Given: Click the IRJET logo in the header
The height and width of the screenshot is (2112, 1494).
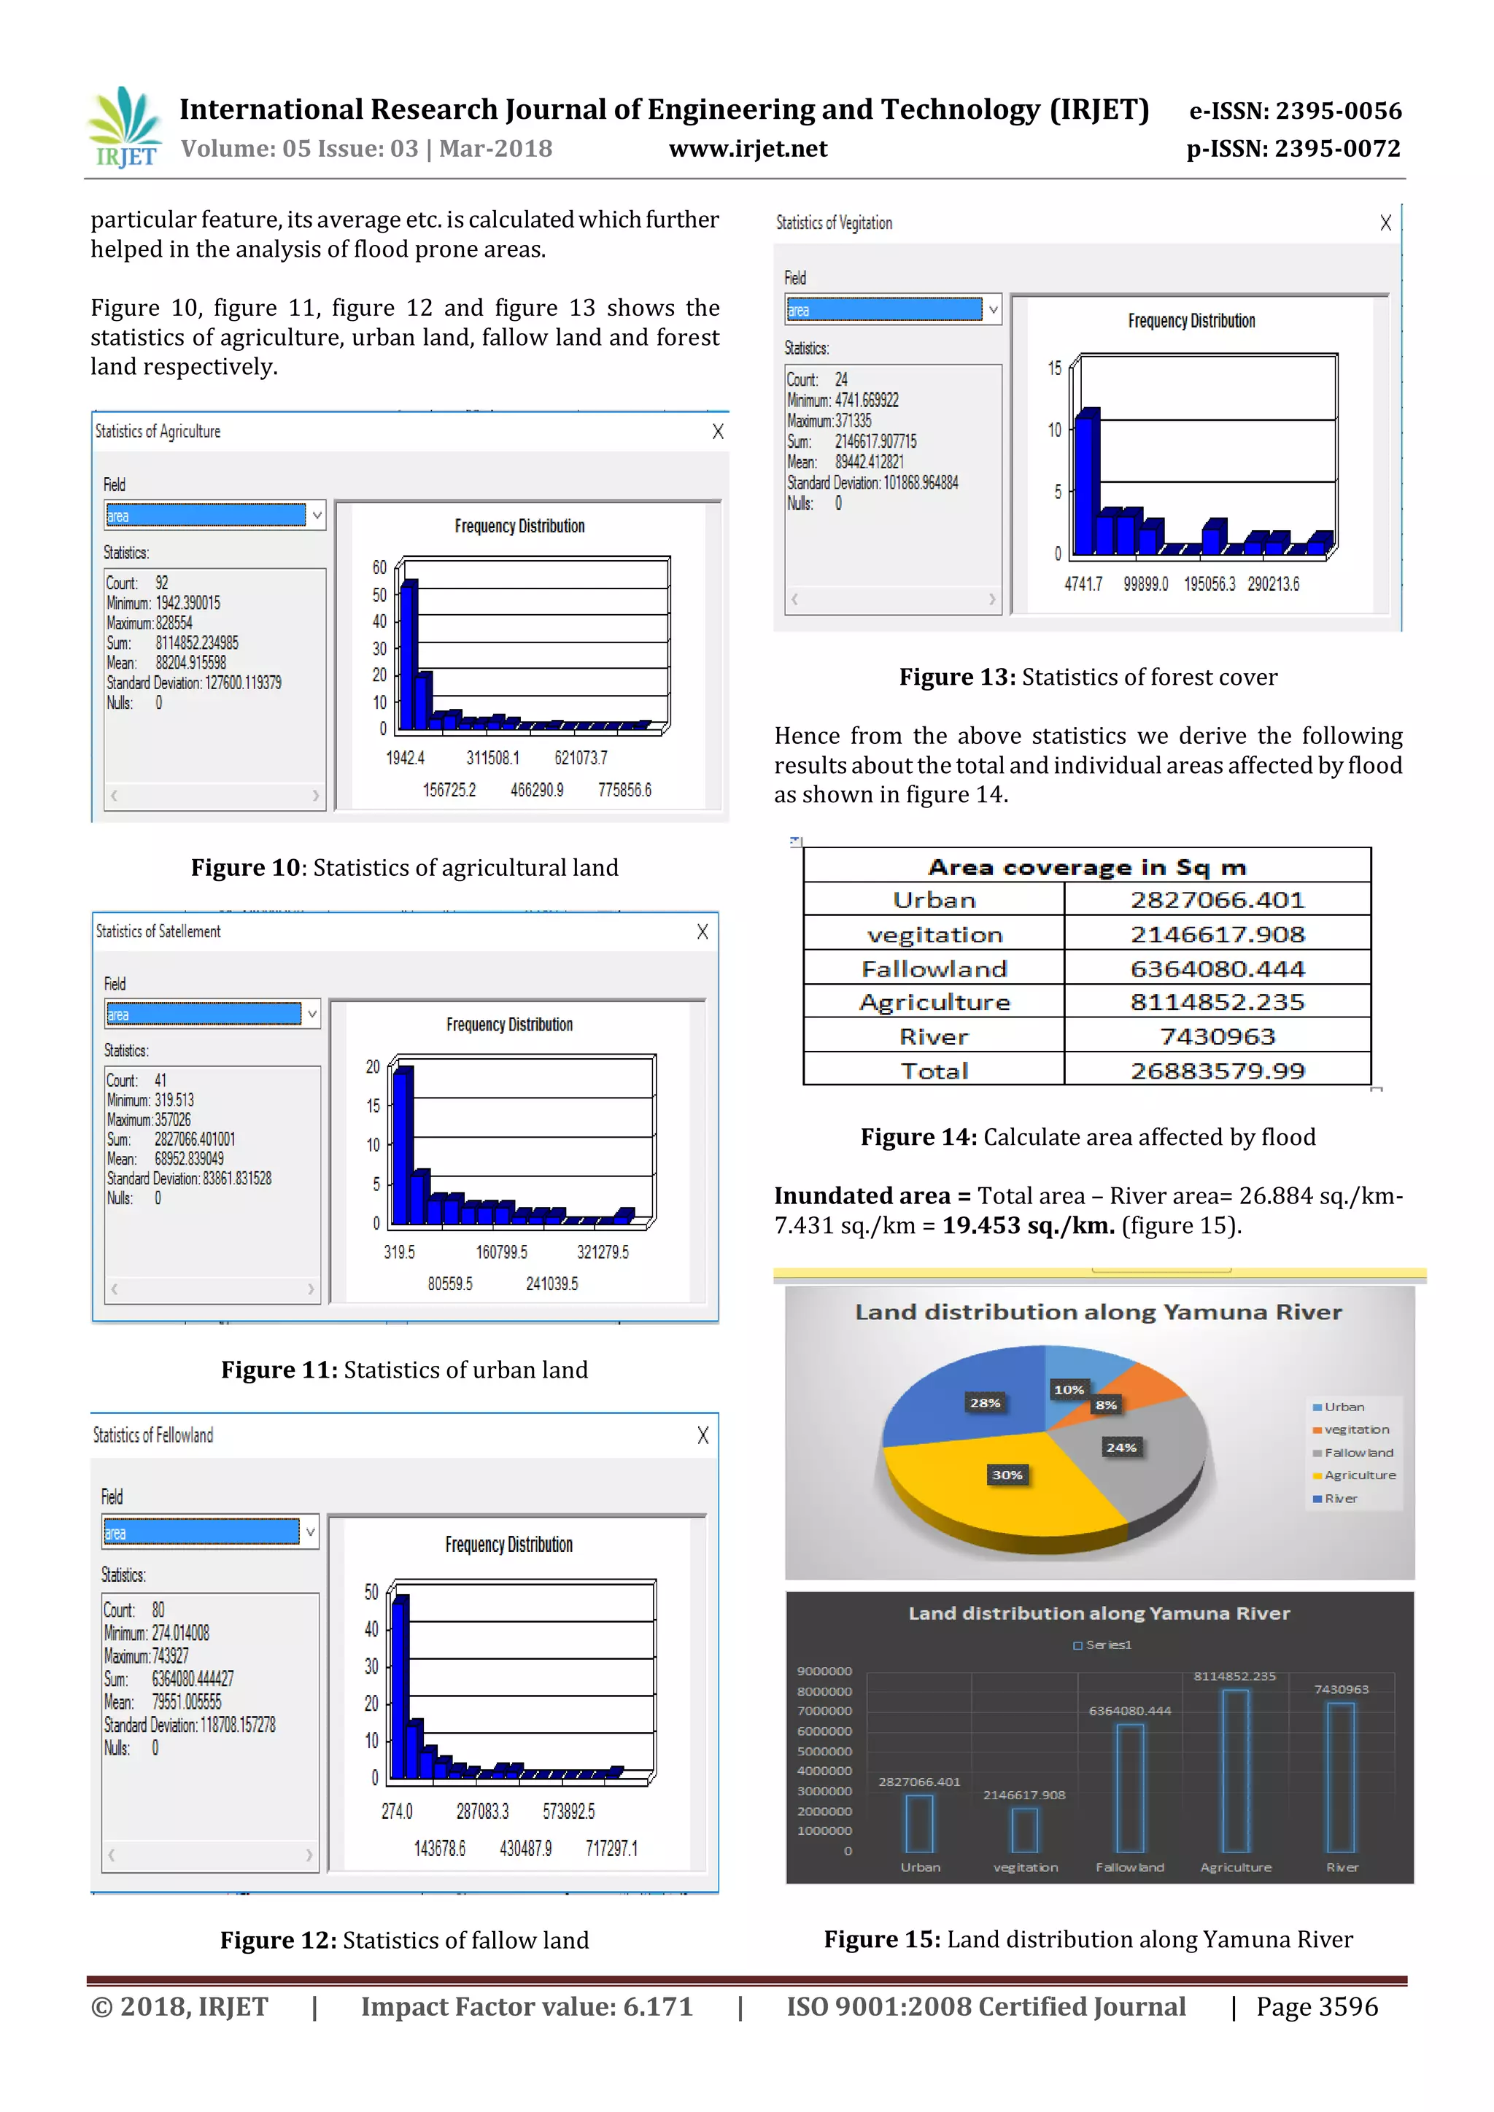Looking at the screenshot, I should point(124,128).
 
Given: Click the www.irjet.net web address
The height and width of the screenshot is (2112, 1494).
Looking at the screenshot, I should point(747,149).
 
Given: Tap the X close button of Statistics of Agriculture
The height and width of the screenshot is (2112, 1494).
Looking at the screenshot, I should point(718,432).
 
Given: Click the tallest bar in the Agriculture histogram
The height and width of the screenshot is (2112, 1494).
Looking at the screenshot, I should point(409,654).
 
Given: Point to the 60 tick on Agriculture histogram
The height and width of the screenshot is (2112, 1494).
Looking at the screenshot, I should point(379,567).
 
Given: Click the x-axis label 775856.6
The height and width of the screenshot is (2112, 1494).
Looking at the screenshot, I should point(624,790).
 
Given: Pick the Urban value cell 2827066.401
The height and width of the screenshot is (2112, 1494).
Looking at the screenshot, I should point(1216,900).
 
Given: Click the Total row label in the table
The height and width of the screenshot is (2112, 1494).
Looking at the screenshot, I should point(934,1071).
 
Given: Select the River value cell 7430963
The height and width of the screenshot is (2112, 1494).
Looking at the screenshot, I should point(1216,1037).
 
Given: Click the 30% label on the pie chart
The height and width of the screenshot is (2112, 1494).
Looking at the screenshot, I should point(1007,1475).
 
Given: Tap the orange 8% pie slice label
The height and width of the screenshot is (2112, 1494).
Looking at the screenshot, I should point(1106,1405).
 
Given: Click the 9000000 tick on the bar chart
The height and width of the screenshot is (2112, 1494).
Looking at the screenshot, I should point(824,1672).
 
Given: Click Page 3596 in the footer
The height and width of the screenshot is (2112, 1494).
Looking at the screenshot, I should point(1317,2006).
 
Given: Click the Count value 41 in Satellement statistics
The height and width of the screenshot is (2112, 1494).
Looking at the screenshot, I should point(160,1080).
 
